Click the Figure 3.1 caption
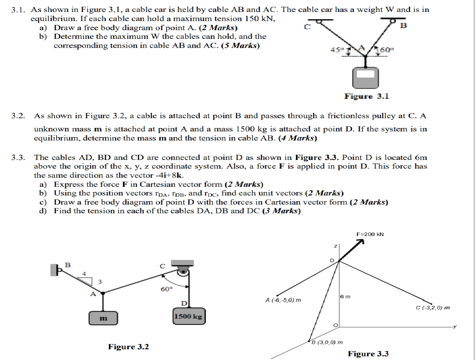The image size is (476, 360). coord(367,96)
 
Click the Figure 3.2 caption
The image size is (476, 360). coord(129,347)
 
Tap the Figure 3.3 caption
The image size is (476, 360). coord(368,354)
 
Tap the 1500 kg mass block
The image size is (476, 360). coord(188,317)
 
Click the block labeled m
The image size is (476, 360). coord(103,318)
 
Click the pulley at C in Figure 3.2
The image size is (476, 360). coord(182,271)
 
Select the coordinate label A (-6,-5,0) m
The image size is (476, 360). coord(283,300)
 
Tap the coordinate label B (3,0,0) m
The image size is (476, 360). coord(327,342)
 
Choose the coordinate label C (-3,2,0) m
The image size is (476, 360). coord(433,308)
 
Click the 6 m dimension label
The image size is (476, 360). coord(345,297)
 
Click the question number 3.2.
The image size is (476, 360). coord(19,116)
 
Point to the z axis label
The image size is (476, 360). coord(336,246)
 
